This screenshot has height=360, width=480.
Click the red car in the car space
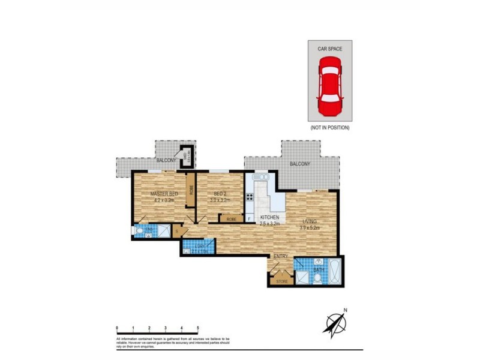tap(329, 87)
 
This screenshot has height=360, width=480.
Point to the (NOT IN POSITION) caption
tap(329, 128)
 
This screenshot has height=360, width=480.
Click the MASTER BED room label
tap(164, 194)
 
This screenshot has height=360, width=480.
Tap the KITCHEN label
tap(269, 217)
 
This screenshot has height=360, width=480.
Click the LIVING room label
tap(309, 221)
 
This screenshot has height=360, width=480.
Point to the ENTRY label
tap(281, 257)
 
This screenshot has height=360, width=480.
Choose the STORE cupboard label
tap(281, 280)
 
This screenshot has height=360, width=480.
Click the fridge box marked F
tap(249, 218)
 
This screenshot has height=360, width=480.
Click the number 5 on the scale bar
tap(198, 328)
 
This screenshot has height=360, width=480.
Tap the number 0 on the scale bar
tap(117, 328)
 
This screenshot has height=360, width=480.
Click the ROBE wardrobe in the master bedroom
tap(191, 188)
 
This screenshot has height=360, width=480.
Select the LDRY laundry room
tap(196, 247)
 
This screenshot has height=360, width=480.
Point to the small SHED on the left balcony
tap(187, 155)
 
